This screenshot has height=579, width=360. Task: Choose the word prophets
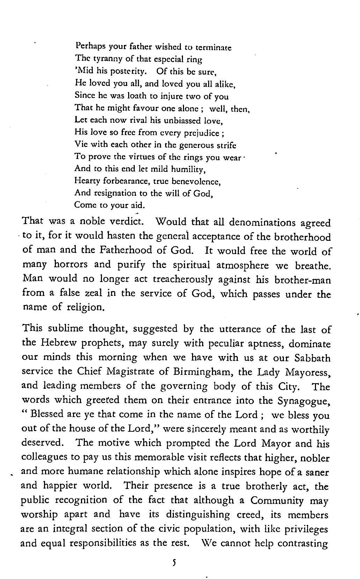tap(103, 343)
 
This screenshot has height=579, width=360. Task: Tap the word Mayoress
tap(308, 372)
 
